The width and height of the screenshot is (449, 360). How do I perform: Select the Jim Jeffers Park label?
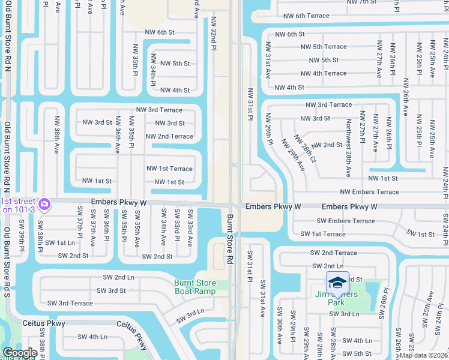tap(337, 298)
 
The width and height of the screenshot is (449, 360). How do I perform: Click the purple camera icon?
tap(44, 205)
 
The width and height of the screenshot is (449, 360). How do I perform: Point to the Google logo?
tap(20, 353)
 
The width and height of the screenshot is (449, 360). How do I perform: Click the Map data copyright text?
tap(424, 355)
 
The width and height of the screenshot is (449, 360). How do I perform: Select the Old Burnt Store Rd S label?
tap(8, 264)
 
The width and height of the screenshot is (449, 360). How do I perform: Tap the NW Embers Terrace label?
tap(369, 192)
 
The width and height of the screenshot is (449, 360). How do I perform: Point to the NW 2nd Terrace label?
tap(170, 136)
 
